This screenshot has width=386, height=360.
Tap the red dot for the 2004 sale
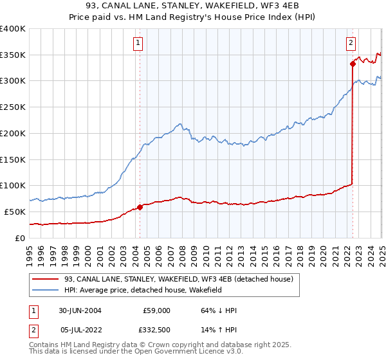(140, 207)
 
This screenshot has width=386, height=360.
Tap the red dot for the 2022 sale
(353, 64)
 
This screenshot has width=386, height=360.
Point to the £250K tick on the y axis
(14, 107)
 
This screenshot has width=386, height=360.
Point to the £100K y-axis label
(14, 186)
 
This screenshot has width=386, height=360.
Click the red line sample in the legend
(45, 279)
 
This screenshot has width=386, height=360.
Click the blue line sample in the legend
(45, 291)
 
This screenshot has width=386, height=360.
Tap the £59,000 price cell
(157, 310)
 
